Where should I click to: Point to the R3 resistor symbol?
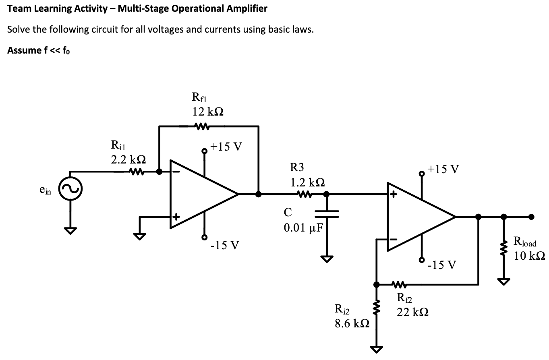303,194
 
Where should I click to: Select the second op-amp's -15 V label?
442,265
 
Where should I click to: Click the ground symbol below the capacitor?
327,259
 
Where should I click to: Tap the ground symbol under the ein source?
70,231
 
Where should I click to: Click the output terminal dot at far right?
532,217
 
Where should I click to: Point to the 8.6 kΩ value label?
349,324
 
